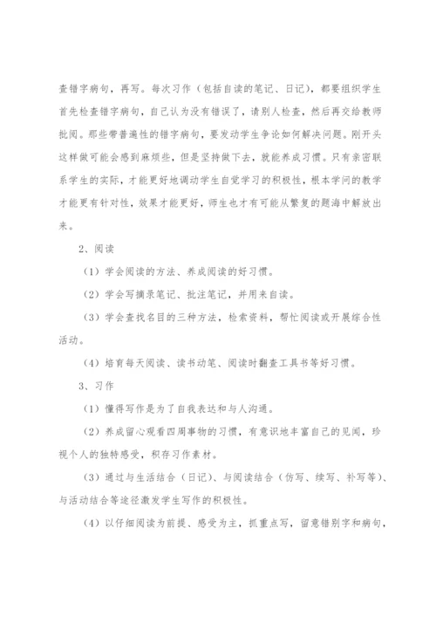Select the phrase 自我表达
[x=226, y=406]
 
